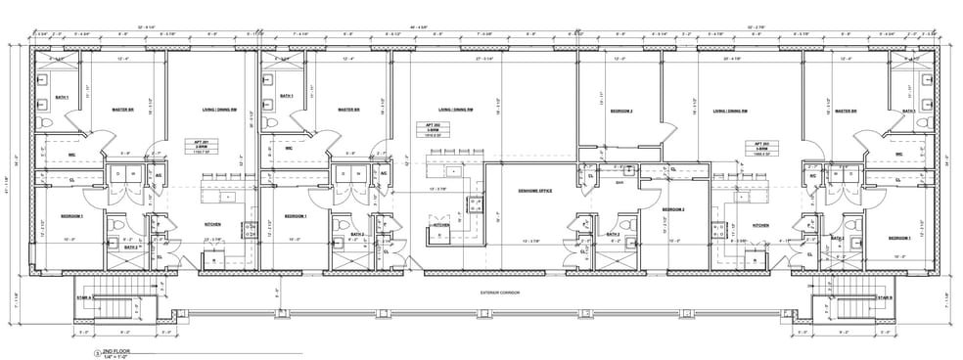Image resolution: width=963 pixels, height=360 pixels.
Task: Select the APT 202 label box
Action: [427, 131]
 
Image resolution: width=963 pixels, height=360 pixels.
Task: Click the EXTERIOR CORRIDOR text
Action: [498, 291]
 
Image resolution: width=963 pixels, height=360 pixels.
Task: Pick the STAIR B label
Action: [884, 296]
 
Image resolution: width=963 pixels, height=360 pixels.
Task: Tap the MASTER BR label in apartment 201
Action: [124, 110]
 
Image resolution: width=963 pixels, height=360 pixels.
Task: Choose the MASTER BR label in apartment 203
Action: [848, 111]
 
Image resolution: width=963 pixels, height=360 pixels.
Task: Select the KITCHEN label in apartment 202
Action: [440, 224]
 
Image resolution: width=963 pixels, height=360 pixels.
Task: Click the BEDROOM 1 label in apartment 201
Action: [69, 215]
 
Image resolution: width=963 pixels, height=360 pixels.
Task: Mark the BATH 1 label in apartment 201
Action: [61, 96]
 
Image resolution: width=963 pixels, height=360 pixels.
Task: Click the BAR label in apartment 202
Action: [619, 181]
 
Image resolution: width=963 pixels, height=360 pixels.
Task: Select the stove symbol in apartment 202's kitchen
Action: [476, 204]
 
